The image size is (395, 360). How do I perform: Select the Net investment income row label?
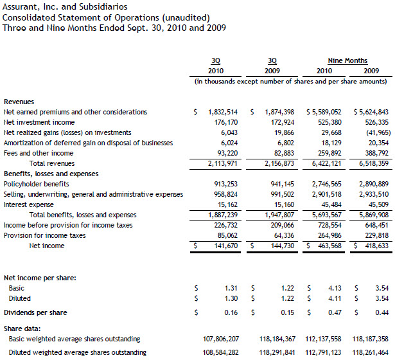pos(31,122)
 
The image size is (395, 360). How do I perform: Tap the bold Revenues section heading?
pos(19,102)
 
